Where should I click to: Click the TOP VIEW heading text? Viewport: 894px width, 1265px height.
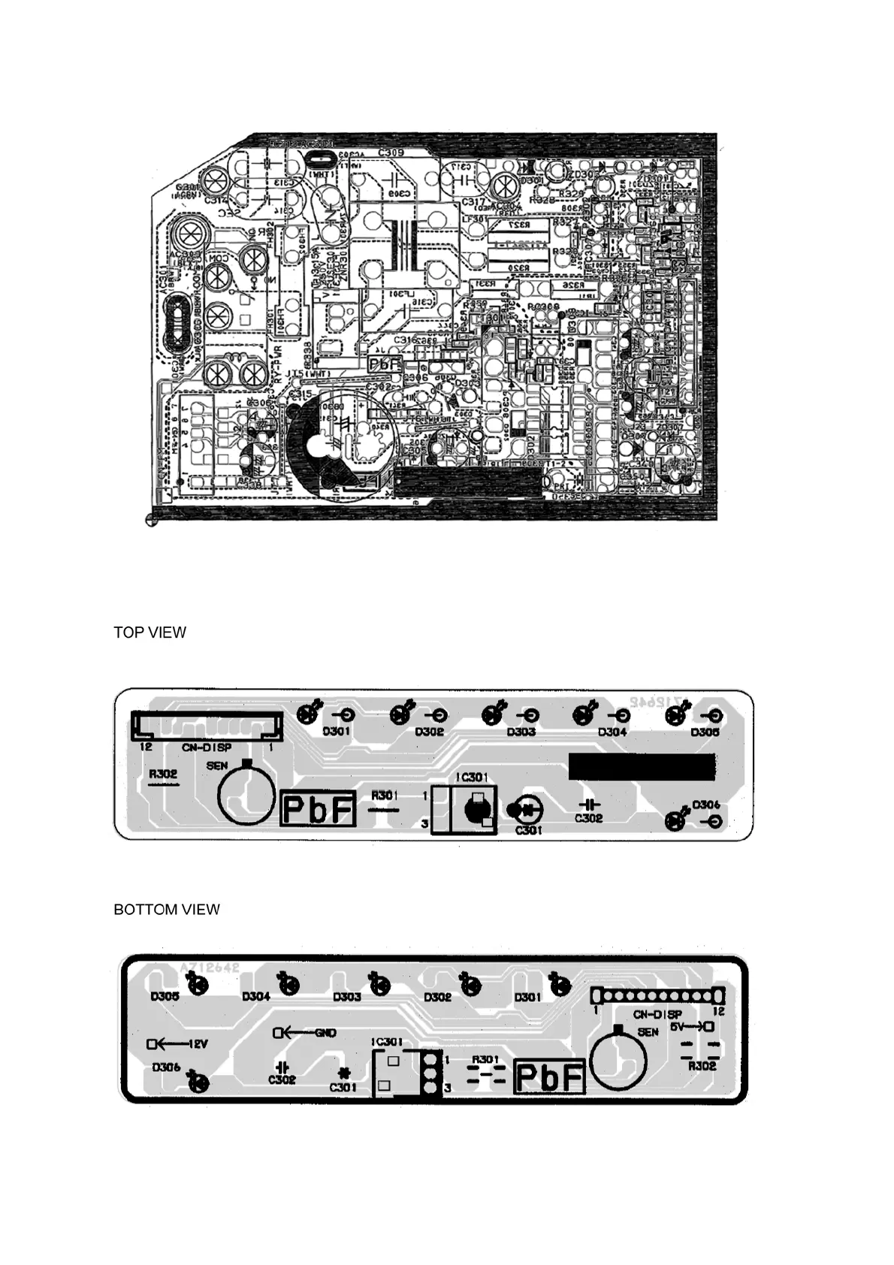[x=150, y=632]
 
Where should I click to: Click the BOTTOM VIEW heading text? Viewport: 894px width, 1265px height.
[x=167, y=910]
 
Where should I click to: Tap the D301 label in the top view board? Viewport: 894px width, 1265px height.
[x=337, y=731]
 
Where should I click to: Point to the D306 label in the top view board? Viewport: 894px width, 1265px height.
[x=706, y=805]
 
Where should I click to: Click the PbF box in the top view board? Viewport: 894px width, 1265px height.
[x=318, y=809]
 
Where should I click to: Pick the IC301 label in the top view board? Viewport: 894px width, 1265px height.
[x=473, y=777]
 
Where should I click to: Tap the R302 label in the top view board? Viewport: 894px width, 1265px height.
[x=163, y=774]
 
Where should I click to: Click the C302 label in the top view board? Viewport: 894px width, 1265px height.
[x=589, y=818]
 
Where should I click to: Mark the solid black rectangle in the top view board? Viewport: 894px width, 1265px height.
[x=642, y=767]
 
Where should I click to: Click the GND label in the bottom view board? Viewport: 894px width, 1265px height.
[x=325, y=1033]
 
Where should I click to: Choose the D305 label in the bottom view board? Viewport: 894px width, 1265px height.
[x=165, y=997]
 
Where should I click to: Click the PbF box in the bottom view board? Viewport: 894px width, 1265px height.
[x=549, y=1078]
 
